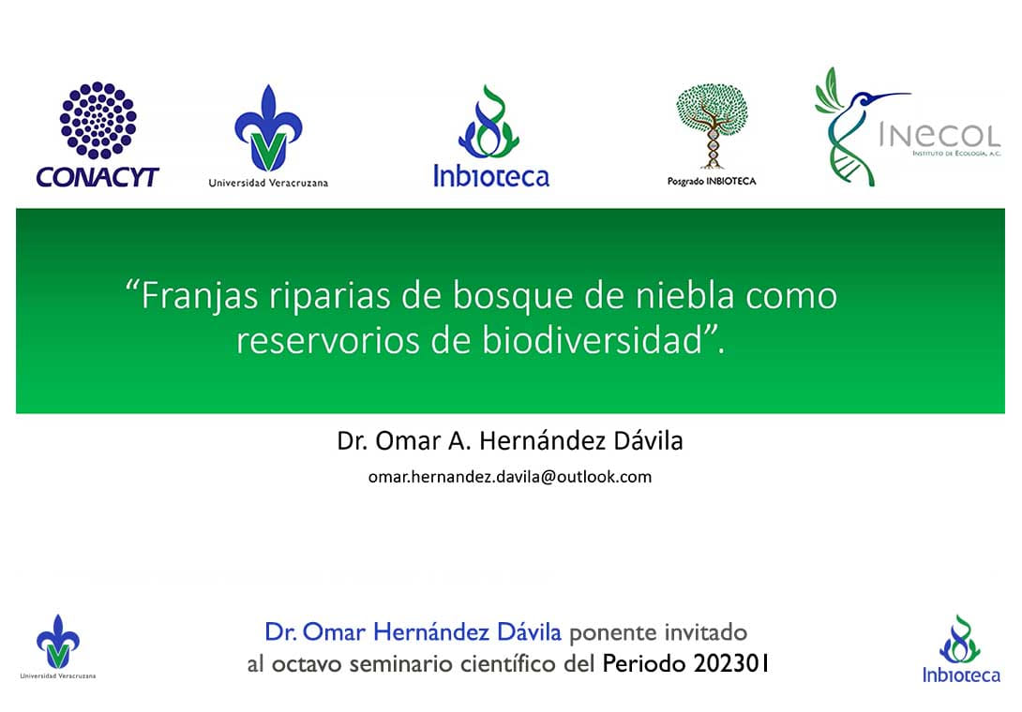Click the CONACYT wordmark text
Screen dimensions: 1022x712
point(98,176)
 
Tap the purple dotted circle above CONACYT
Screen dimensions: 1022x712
point(98,120)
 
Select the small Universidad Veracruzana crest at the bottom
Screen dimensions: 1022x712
point(58,642)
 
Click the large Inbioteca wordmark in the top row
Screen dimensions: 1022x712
point(491,176)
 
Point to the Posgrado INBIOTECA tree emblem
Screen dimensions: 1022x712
point(712,126)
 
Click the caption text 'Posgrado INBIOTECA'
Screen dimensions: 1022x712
point(712,181)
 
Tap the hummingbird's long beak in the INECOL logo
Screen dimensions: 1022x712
point(893,96)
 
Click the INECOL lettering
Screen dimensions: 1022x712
point(939,136)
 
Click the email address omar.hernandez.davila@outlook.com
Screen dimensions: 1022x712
point(510,477)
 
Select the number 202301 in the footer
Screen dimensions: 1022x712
point(731,664)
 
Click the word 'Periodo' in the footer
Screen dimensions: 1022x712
point(644,664)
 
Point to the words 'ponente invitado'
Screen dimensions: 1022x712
point(658,632)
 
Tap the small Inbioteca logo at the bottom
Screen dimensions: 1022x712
point(961,649)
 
